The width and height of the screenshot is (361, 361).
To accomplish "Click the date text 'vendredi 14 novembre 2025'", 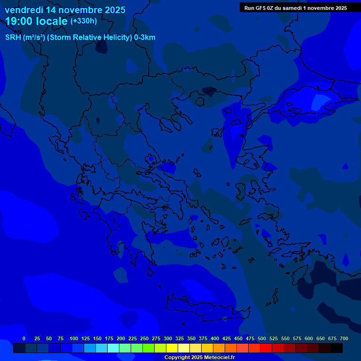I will click(x=65, y=10).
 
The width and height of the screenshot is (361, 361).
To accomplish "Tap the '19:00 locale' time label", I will click(x=36, y=21).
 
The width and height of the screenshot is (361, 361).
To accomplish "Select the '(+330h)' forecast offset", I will click(x=84, y=21).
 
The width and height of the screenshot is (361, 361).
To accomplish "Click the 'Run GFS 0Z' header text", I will click(x=262, y=8).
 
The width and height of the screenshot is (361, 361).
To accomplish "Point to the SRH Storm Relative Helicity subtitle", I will click(x=80, y=38).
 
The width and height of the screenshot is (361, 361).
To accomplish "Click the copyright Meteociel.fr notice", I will click(x=199, y=358).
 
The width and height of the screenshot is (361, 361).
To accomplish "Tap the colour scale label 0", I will click(x=24, y=338).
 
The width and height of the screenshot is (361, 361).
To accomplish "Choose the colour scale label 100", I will click(x=74, y=338).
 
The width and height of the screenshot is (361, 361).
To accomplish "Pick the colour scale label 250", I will click(x=144, y=338).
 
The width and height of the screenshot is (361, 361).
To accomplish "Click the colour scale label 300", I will click(x=168, y=338).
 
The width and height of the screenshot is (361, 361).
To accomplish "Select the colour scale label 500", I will click(x=262, y=338).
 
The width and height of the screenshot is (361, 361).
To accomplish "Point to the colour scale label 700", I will click(x=344, y=338).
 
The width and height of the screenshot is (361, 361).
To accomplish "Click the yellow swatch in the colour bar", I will click(x=172, y=348).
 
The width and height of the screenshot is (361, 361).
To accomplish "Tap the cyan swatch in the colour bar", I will click(x=113, y=348).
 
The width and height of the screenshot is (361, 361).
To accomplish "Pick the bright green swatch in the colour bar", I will click(x=149, y=348).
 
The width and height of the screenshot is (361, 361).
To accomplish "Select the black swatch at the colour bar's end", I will click(x=337, y=348).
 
